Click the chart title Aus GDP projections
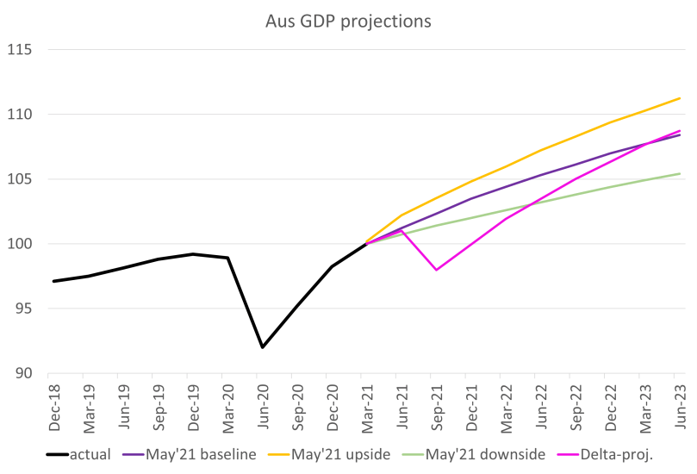[x=348, y=21]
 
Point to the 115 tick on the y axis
[x=19, y=50]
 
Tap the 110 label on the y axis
[x=19, y=115]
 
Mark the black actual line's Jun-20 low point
[x=263, y=347]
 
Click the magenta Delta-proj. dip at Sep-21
[x=437, y=270]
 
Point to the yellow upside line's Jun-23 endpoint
[x=680, y=98]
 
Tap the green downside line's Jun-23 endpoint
[x=680, y=174]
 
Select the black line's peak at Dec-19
[x=193, y=254]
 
